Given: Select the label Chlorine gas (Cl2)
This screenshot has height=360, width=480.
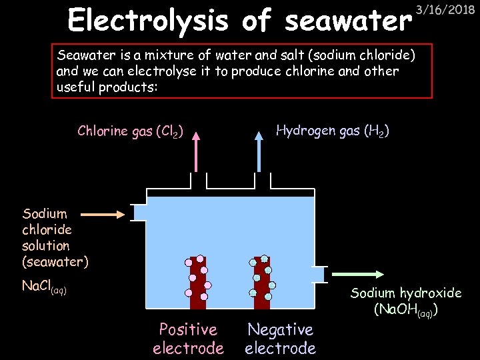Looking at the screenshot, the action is [131, 131].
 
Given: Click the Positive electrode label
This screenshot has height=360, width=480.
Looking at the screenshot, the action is [188, 339].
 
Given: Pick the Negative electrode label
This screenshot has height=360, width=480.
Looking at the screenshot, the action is [280, 339].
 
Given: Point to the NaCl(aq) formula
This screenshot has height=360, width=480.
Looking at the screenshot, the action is [44, 287].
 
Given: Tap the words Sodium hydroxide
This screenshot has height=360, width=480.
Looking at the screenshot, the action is [406, 293].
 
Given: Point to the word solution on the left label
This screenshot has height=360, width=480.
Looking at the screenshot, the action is [45, 245].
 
